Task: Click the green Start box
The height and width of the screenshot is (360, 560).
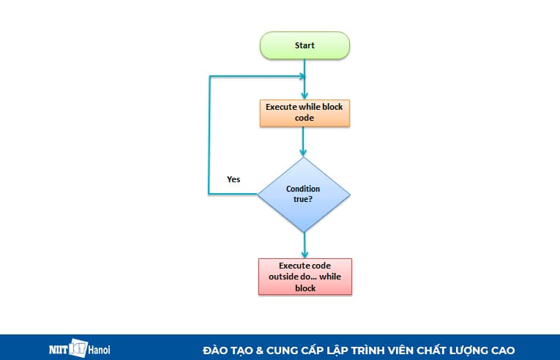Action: click(305, 45)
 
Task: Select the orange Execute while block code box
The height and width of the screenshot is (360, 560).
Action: click(305, 112)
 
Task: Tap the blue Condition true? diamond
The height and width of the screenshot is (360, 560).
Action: click(303, 194)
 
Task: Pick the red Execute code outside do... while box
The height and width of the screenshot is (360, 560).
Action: click(305, 277)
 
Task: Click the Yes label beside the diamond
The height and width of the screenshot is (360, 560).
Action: click(234, 179)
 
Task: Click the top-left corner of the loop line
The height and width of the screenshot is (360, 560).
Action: click(211, 77)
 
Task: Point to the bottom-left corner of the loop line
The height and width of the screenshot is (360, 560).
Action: click(211, 194)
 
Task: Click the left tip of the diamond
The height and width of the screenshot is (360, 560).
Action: click(258, 194)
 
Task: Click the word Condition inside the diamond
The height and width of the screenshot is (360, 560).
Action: click(303, 189)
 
